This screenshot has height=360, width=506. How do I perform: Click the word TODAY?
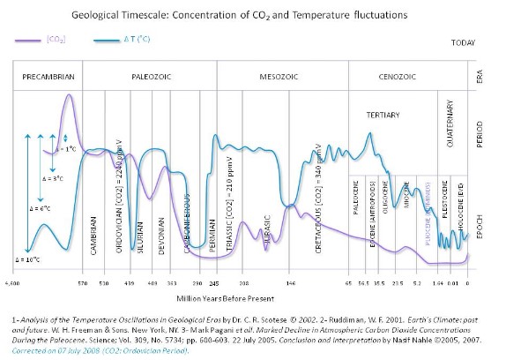463,42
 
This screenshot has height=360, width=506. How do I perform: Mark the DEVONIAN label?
161,236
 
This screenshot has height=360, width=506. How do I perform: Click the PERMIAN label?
212,236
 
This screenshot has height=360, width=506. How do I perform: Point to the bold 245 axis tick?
213,283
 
